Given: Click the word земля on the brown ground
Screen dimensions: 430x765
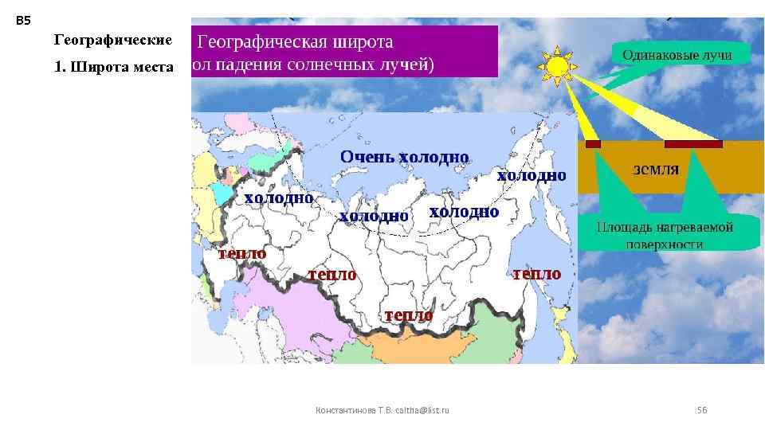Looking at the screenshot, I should [x=656, y=169].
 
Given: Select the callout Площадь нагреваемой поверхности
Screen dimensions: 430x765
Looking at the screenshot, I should [x=665, y=233].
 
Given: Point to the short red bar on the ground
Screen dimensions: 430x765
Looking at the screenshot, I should [x=593, y=144].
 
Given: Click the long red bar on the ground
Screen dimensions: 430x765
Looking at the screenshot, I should [x=693, y=144].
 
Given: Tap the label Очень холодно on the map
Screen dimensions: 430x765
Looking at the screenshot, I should [x=404, y=157].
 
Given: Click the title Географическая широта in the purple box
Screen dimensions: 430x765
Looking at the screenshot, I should [x=295, y=41].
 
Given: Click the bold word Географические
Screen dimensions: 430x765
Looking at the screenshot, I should [x=112, y=40].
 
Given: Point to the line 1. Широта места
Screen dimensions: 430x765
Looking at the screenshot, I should [x=113, y=67].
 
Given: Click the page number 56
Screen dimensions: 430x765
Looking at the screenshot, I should [x=702, y=410].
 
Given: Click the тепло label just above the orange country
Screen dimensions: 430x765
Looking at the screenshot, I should [x=409, y=315].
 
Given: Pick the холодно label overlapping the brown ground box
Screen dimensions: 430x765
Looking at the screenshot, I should [x=532, y=175].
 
